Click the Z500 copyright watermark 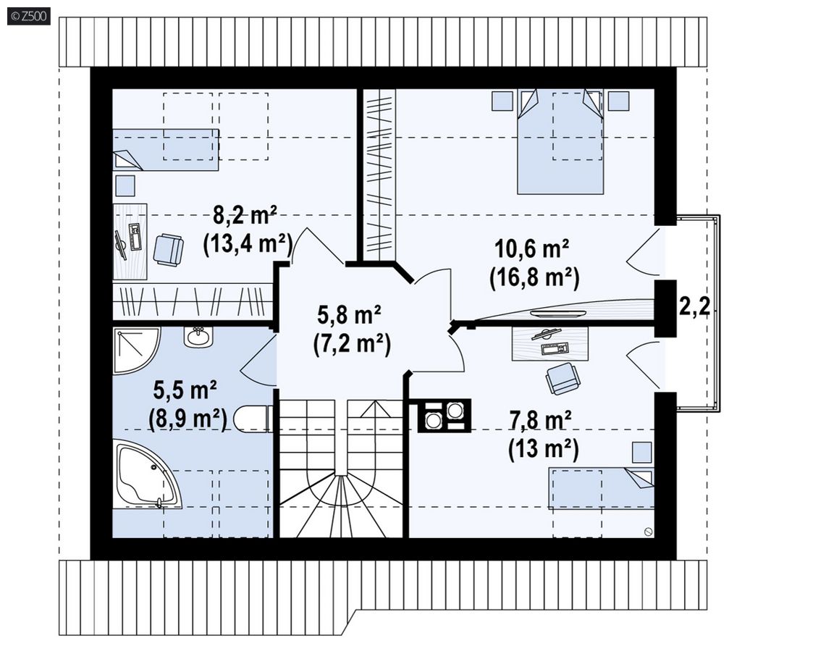(x=29, y=16)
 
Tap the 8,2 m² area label (x=245, y=216)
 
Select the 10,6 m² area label (x=532, y=248)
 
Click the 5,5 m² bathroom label (x=185, y=391)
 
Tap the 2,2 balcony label (x=694, y=306)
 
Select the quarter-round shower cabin (x=137, y=350)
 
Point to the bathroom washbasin (x=198, y=337)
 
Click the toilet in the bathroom (x=253, y=419)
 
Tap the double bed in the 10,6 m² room (x=560, y=141)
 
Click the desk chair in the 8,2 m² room (x=168, y=249)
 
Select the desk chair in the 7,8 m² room (x=563, y=378)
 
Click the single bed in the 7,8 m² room (x=602, y=487)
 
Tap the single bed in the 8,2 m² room (x=165, y=149)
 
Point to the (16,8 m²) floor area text (x=534, y=277)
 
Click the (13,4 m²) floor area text (x=248, y=244)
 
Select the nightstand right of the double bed (x=618, y=101)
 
